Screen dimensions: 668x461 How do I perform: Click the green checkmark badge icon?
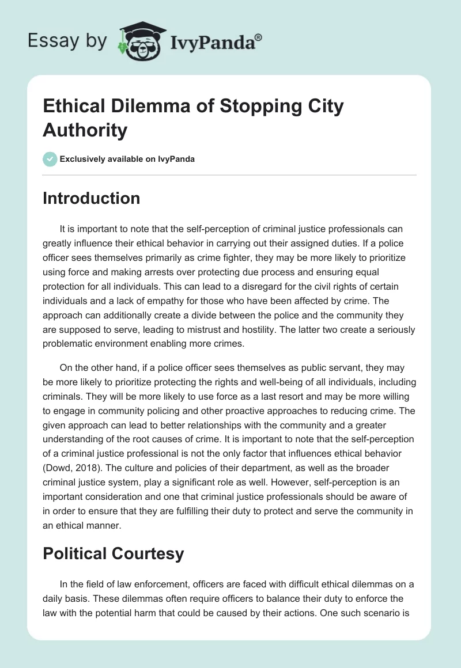[50, 159]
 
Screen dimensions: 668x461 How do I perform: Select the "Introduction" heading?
[92, 198]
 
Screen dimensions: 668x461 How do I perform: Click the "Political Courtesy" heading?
[114, 554]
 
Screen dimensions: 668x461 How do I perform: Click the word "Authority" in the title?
[85, 130]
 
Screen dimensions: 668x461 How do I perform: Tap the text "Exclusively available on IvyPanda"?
[127, 159]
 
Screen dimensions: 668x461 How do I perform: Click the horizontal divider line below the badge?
[230, 174]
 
